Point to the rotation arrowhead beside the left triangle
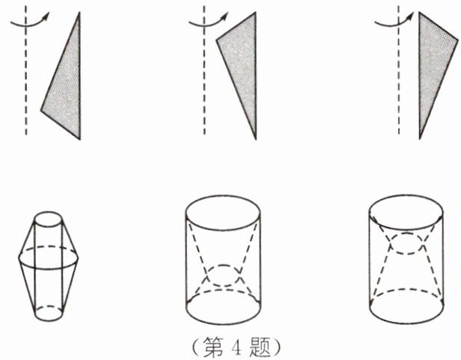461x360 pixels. pyautogui.click(x=46, y=16)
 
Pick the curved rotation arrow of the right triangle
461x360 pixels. pyautogui.click(x=392, y=25)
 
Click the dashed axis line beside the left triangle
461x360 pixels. pyautogui.click(x=26, y=70)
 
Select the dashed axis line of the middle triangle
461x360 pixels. pyautogui.click(x=204, y=70)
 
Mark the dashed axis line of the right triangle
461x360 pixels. pyautogui.click(x=399, y=70)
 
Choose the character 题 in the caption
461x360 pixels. pyautogui.click(x=260, y=348)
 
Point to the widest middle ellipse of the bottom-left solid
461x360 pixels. pyautogui.click(x=49, y=269)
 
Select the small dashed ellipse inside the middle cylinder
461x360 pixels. pyautogui.click(x=224, y=286)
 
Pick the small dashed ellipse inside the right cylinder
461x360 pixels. pyautogui.click(x=407, y=253)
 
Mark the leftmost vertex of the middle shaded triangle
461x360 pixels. pyautogui.click(x=216, y=40)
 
